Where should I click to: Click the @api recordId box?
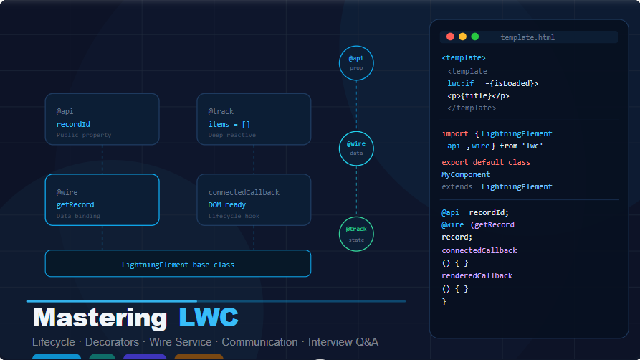pos(102,119)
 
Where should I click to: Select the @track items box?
pos(254,119)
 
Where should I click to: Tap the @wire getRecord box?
pos(102,200)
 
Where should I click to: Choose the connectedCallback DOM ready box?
pos(254,200)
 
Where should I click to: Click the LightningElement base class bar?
pos(178,264)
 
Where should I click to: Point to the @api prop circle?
pos(356,62)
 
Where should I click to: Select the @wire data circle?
pos(356,148)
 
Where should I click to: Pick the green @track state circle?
pos(356,234)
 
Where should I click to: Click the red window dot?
pos(450,37)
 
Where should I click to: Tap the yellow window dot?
pos(462,37)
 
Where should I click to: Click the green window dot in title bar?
pos(474,37)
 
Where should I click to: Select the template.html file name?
pos(527,38)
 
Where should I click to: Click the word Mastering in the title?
pos(100,318)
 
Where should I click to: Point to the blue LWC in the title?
pos(209,318)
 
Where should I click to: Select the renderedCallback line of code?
pos(477,276)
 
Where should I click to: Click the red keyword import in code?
pos(455,133)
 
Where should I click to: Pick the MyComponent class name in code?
pos(466,175)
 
